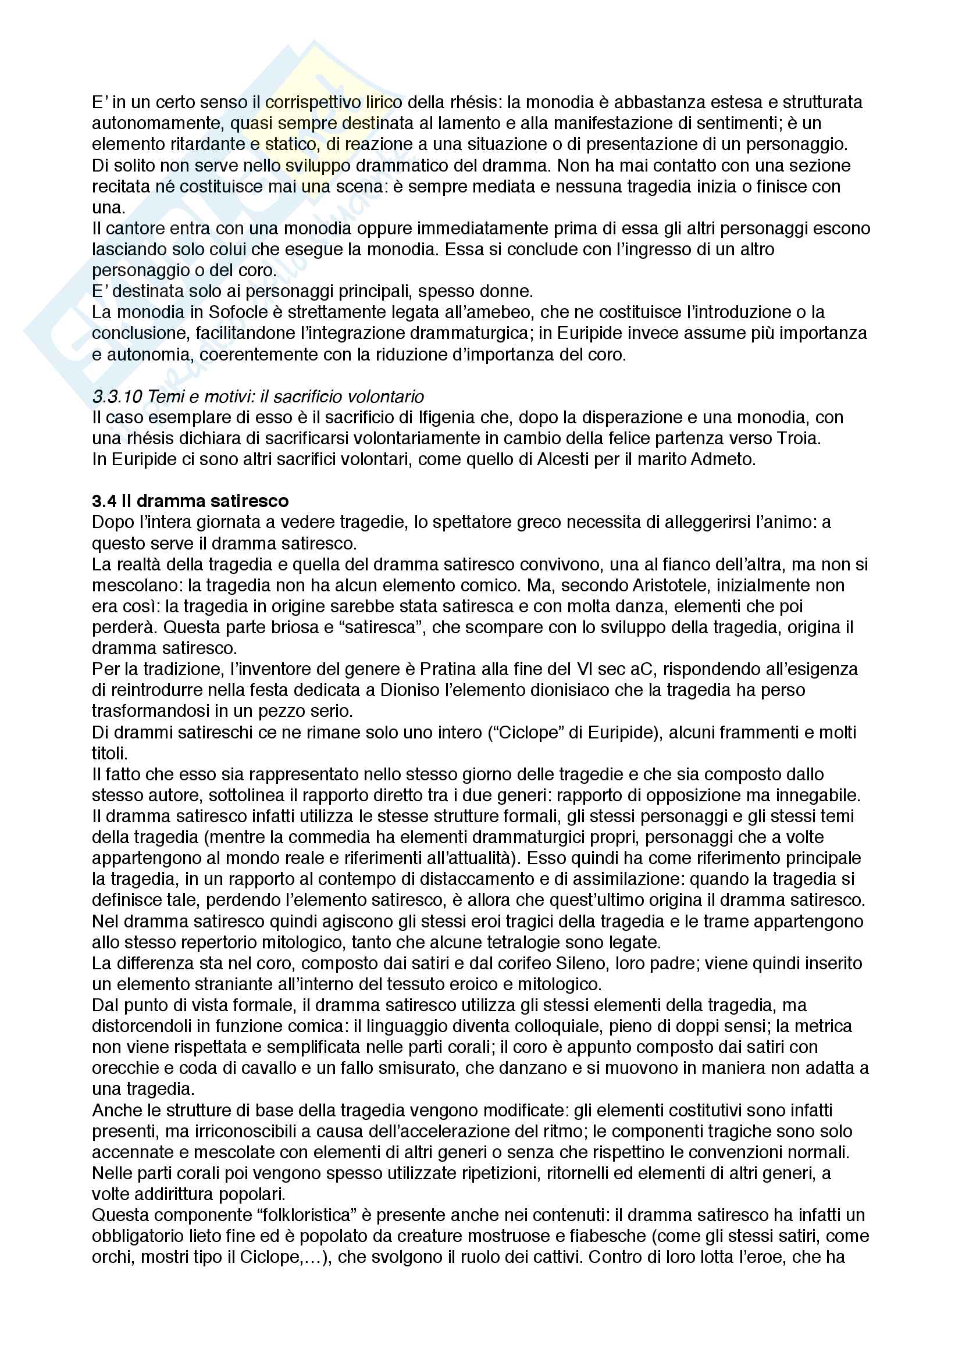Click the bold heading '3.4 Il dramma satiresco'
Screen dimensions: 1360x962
[190, 501]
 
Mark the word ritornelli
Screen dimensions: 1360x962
[589, 1173]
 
